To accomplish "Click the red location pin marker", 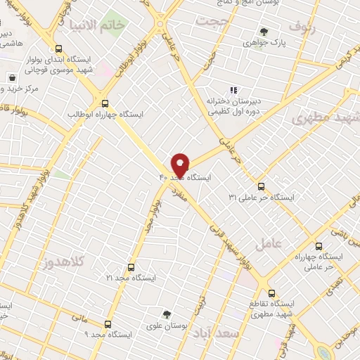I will [x=180, y=165].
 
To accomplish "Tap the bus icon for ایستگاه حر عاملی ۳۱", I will [x=262, y=186].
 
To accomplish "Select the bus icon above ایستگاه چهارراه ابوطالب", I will [x=105, y=102].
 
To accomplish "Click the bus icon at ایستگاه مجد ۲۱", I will [x=129, y=267].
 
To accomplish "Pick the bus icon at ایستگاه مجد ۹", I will [x=108, y=324].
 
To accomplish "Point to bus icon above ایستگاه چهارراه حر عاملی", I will [x=319, y=247].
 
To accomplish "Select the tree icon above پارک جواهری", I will [x=264, y=31].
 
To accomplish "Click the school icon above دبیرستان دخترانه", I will [x=234, y=89].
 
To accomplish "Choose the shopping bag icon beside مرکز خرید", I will [x=12, y=77].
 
